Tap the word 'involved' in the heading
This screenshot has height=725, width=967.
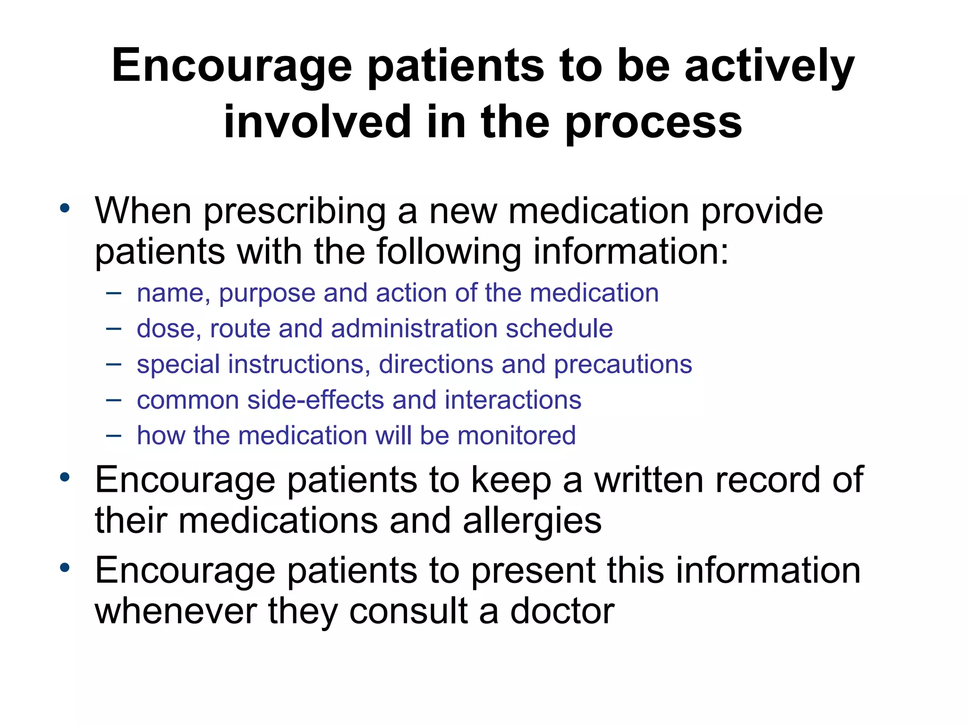[x=317, y=122]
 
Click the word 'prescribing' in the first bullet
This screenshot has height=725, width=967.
[x=294, y=212]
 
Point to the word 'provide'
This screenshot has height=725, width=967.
[x=762, y=212]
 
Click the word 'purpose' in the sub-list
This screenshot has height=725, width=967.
[x=267, y=294]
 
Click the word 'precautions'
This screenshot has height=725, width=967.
[x=623, y=365]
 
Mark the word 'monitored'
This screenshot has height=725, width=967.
[x=516, y=435]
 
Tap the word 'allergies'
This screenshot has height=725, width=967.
[x=532, y=521]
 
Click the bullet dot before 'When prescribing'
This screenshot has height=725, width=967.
[x=65, y=208]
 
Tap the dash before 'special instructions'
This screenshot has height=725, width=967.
[x=114, y=364]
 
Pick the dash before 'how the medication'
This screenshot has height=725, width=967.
[x=114, y=435]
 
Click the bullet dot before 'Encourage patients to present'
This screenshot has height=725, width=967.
[x=65, y=567]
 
